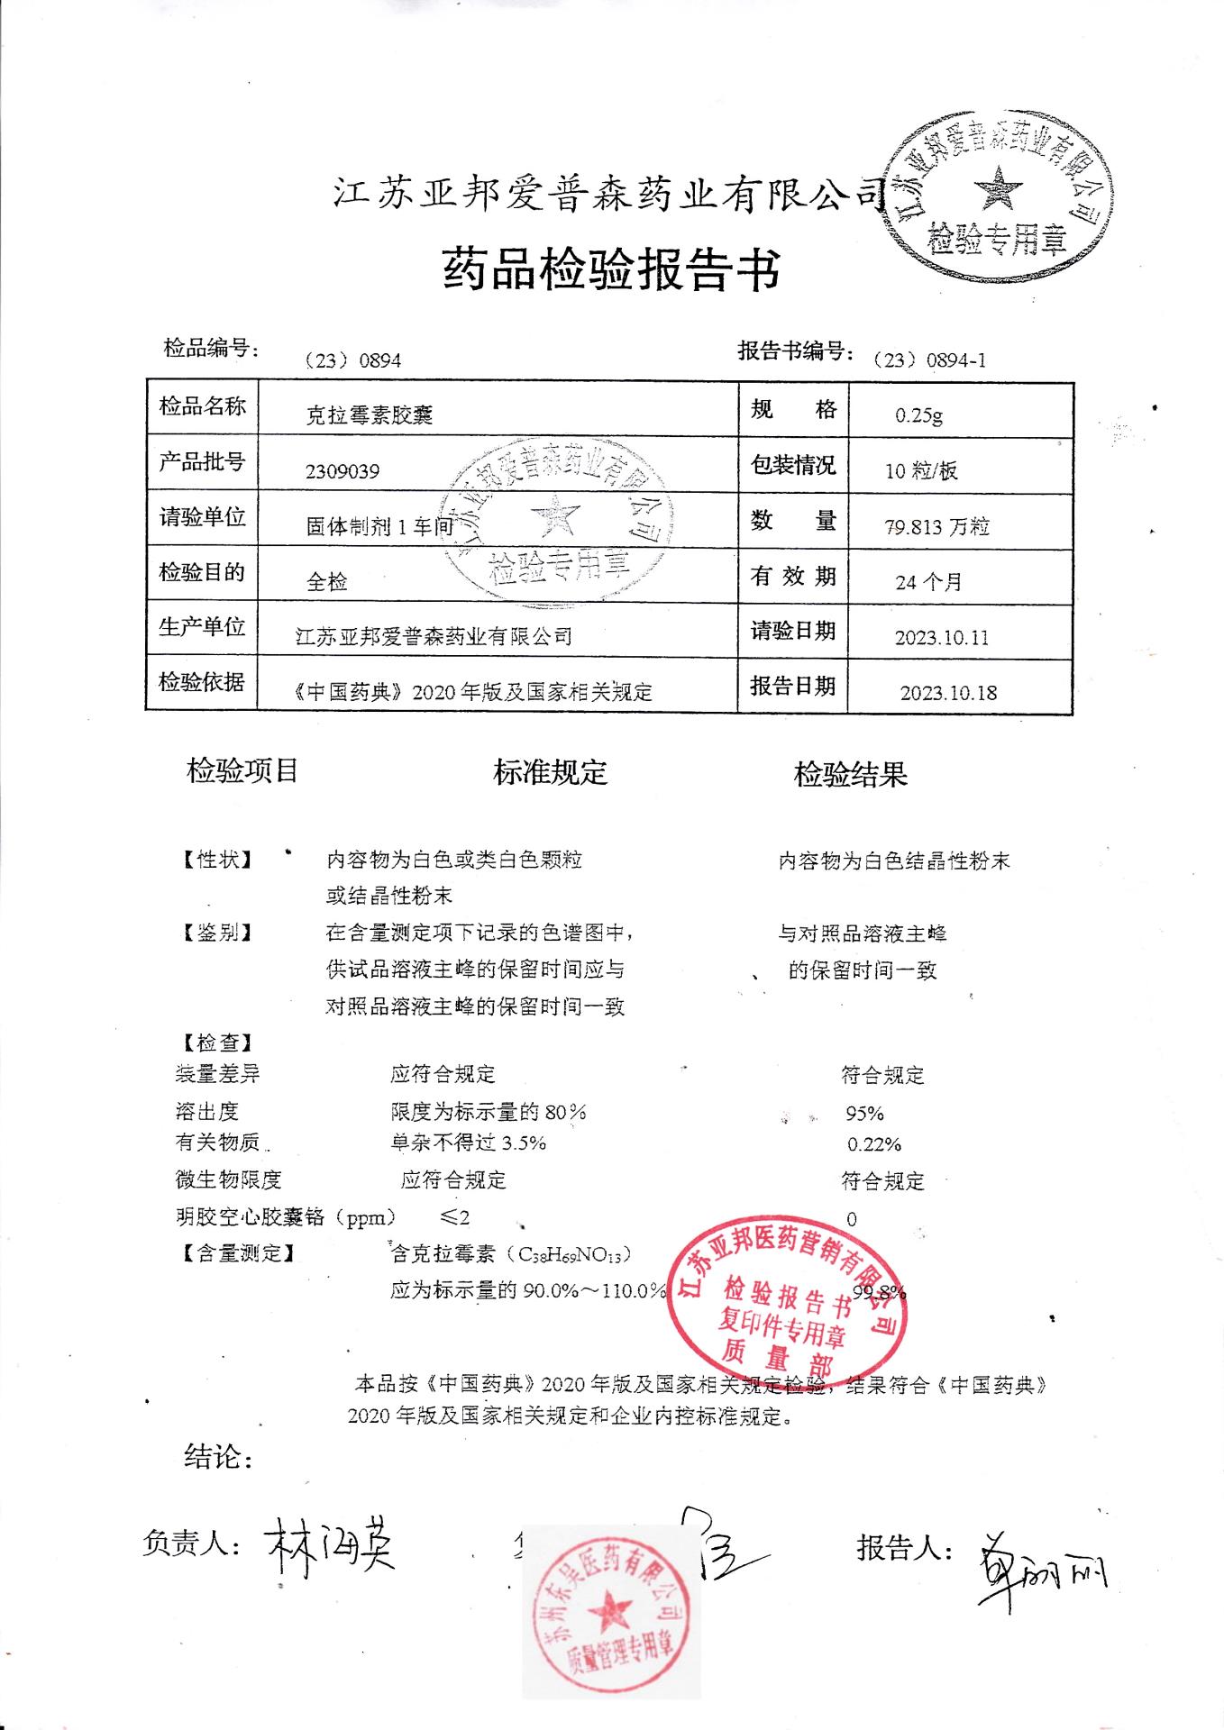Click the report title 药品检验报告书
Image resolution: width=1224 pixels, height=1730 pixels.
(611, 269)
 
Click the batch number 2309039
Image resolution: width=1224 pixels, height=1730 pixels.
(343, 471)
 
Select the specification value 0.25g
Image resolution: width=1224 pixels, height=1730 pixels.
(918, 415)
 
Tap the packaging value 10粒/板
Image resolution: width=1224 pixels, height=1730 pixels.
(921, 470)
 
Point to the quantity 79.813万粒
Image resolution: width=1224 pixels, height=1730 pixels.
(937, 527)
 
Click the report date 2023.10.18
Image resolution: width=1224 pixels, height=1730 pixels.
(948, 693)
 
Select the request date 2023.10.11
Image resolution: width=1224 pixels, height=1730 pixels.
(942, 638)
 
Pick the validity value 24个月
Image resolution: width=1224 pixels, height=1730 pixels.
(928, 582)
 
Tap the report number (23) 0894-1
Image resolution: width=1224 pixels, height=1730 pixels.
(930, 360)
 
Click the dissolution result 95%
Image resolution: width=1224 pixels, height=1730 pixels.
(864, 1114)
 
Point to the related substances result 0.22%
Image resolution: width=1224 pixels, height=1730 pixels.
(874, 1145)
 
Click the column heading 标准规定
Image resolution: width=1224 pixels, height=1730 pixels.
(550, 772)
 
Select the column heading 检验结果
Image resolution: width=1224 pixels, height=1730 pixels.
(850, 774)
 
